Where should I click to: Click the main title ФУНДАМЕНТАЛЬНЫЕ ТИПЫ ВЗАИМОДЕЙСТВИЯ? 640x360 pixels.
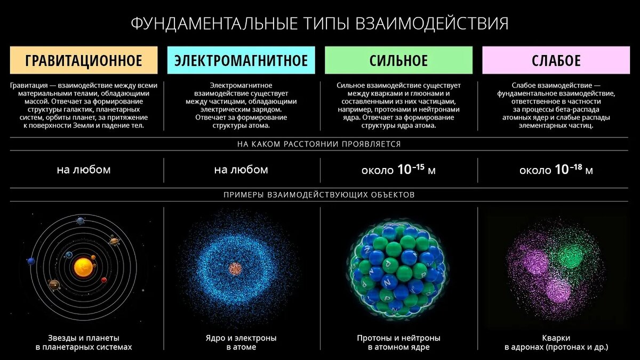tap(319, 24)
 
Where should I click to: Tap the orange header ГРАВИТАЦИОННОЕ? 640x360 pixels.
tap(84, 60)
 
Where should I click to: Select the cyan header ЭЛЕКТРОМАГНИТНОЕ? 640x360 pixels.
tap(241, 60)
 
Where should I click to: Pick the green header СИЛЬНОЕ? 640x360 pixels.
tap(398, 60)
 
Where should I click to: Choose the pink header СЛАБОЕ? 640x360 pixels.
tap(556, 60)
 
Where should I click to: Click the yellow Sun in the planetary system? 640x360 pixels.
tap(83, 266)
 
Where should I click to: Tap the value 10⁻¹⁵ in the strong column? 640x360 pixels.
tap(411, 170)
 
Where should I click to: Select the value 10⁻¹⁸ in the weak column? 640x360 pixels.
tap(569, 170)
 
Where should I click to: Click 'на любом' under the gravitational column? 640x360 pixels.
tap(84, 170)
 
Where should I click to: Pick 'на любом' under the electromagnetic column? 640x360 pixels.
tap(241, 170)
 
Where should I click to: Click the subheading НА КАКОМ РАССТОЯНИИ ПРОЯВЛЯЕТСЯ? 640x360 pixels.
tap(319, 144)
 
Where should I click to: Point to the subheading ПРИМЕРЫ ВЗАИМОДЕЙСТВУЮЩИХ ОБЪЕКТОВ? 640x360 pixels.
tap(319, 195)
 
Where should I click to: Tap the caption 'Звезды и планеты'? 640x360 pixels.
tap(84, 338)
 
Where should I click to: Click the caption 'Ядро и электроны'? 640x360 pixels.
tap(241, 338)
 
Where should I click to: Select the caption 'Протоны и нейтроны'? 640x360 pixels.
tap(398, 338)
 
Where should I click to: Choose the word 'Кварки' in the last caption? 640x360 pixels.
tap(556, 338)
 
